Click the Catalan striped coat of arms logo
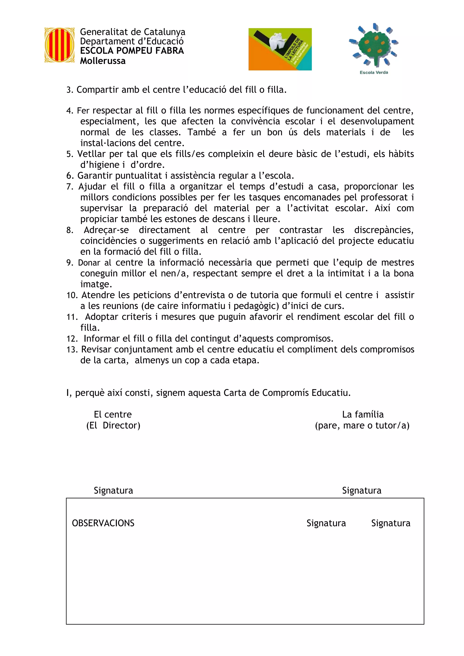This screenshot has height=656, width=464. coord(59,45)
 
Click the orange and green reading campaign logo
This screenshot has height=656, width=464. coord(280,49)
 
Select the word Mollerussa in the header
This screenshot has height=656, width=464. coord(103,61)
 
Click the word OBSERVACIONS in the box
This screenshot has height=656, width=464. coord(103,523)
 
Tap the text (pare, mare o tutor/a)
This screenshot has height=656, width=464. coord(362,425)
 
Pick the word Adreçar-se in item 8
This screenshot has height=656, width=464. coord(106,230)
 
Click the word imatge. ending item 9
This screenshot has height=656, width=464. coord(96,284)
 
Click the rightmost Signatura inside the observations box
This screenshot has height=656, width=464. coord(391,523)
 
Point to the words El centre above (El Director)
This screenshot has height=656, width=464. coord(113,414)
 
